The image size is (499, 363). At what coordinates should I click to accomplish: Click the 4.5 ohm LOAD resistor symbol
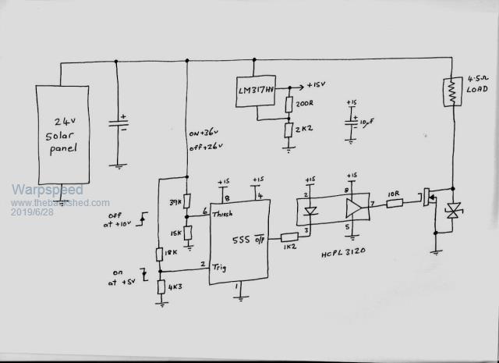pos(450,91)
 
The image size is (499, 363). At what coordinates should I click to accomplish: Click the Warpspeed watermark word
pos(47,190)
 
